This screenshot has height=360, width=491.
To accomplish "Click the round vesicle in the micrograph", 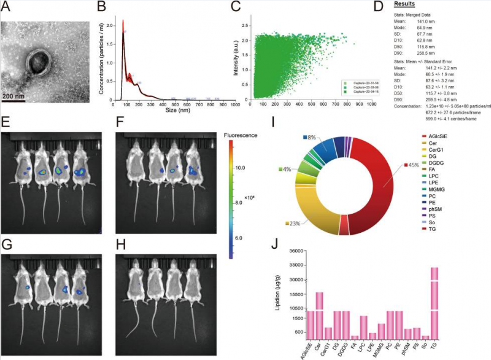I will [41, 63].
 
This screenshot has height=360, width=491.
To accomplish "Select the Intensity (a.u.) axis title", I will [236, 59].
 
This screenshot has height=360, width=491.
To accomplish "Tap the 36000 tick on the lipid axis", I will [297, 251].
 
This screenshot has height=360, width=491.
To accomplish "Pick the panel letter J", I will [274, 241].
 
